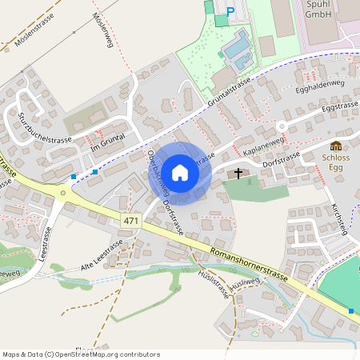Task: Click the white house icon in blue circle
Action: (x=180, y=172)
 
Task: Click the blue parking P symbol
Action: (x=231, y=12)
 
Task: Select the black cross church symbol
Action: (x=238, y=174)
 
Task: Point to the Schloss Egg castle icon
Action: (x=336, y=146)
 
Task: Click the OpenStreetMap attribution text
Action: (x=81, y=354)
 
